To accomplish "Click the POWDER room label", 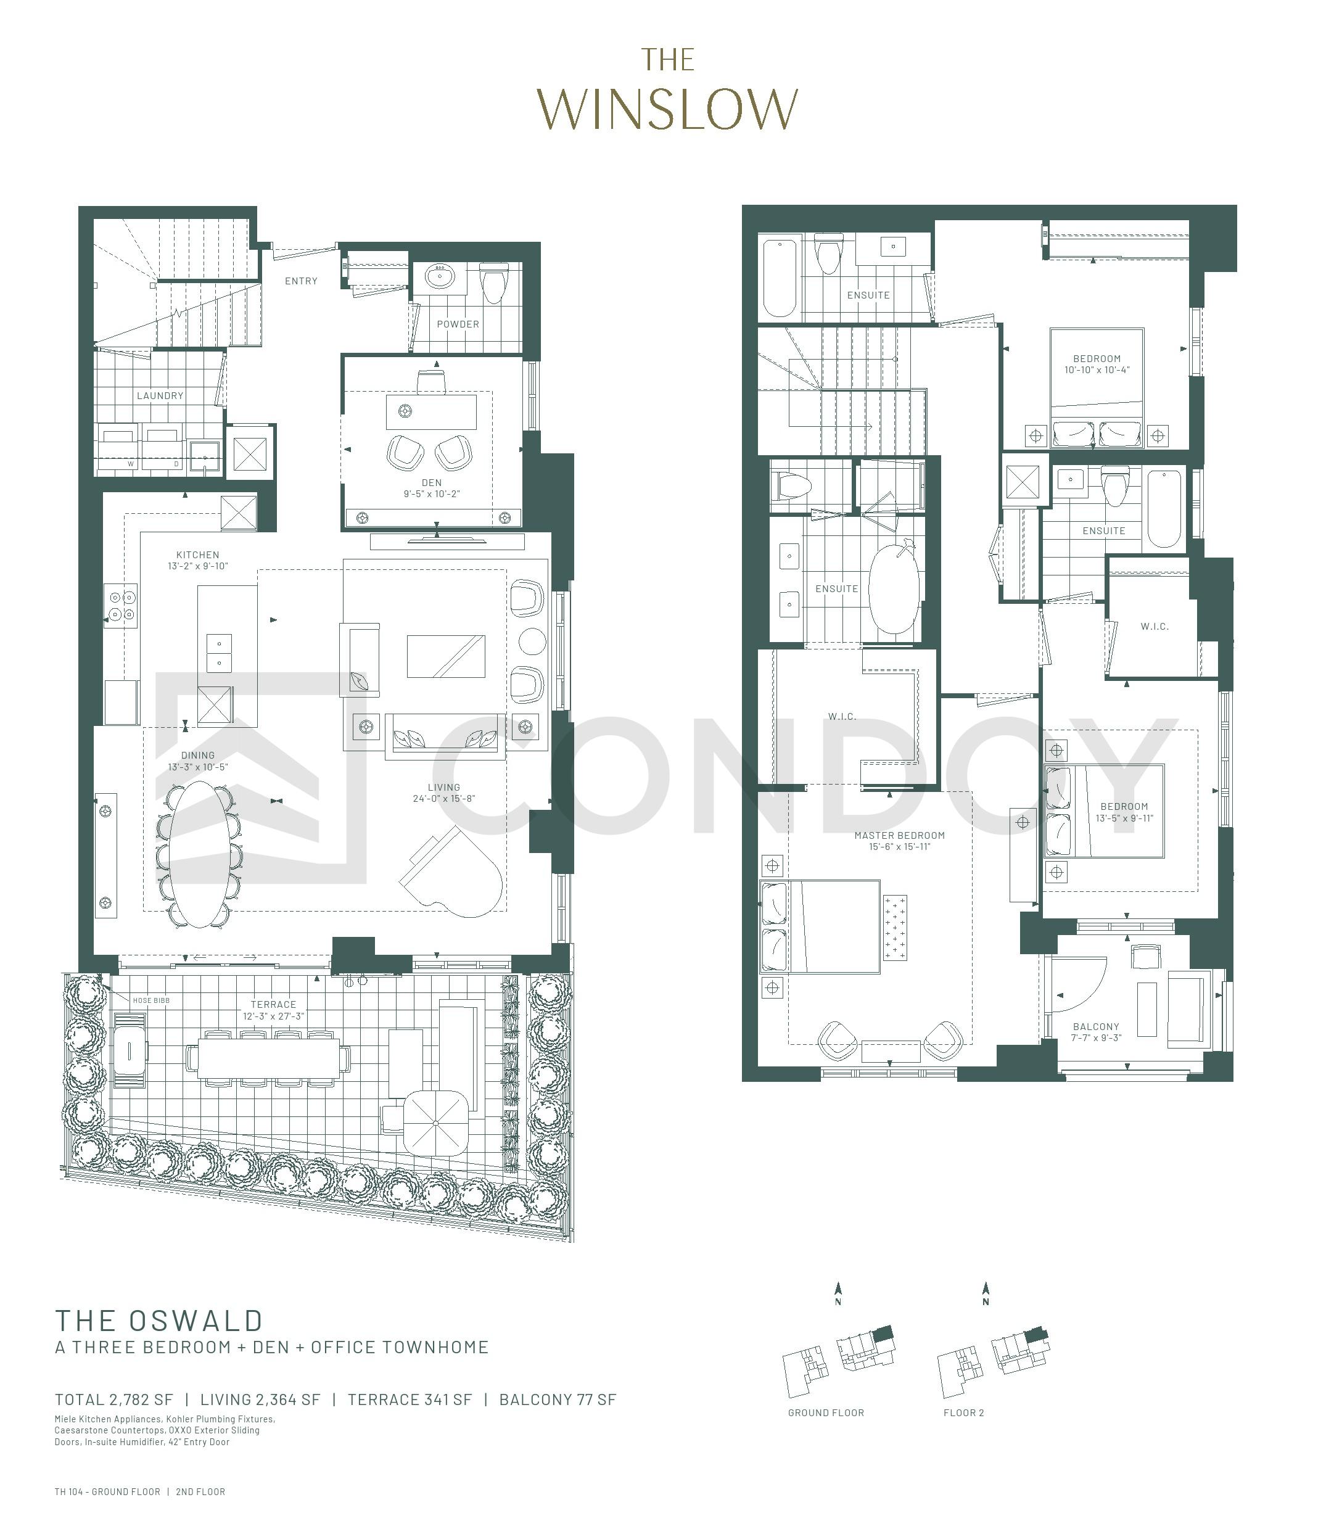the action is pyautogui.click(x=458, y=324).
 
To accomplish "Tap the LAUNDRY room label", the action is pyautogui.click(x=160, y=396).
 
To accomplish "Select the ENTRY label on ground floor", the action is pyautogui.click(x=302, y=281).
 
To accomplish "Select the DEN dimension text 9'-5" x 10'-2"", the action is pyautogui.click(x=432, y=494).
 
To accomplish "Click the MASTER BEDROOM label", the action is pyautogui.click(x=899, y=836).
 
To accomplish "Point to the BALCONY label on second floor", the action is pyautogui.click(x=1096, y=1027).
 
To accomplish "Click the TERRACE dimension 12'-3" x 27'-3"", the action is pyautogui.click(x=273, y=1016).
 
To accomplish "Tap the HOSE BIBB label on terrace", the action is pyautogui.click(x=151, y=1001).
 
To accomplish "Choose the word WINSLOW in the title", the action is pyautogui.click(x=667, y=109).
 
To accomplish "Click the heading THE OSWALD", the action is pyautogui.click(x=159, y=1321).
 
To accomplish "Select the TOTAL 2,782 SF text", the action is pyautogui.click(x=114, y=1399).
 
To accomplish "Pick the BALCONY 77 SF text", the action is pyautogui.click(x=558, y=1399).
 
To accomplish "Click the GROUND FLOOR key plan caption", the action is pyautogui.click(x=826, y=1413).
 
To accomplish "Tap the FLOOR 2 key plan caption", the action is pyautogui.click(x=963, y=1413).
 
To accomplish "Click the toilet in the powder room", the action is pyautogui.click(x=493, y=282).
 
